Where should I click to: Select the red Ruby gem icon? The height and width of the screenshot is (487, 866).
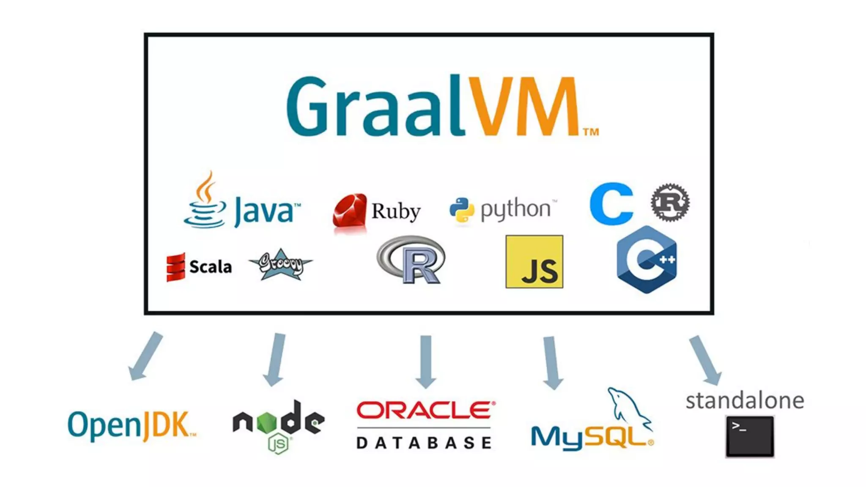click(x=349, y=211)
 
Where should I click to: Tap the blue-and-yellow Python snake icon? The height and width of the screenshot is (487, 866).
click(x=461, y=210)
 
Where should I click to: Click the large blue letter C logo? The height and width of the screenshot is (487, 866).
click(x=611, y=204)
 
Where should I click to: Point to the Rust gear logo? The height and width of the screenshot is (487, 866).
click(x=670, y=202)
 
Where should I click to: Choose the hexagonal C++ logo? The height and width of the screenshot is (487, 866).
click(x=647, y=260)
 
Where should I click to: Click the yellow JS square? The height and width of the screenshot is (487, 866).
click(x=534, y=262)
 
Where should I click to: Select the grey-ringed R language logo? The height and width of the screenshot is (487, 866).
click(x=411, y=260)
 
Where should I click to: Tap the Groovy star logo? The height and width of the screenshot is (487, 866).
click(x=280, y=265)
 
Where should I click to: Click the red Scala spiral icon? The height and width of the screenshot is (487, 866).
click(x=175, y=267)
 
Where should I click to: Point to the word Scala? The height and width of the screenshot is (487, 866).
click(x=211, y=267)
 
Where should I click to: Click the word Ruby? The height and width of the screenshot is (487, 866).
click(x=396, y=211)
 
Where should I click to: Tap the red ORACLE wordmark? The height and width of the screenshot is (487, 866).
click(x=425, y=410)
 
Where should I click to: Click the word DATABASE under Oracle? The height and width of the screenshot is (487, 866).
click(x=424, y=443)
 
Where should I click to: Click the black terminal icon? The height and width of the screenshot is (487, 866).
click(x=750, y=436)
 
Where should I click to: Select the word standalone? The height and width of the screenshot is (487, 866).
click(x=745, y=401)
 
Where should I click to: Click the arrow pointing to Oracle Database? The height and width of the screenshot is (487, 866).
click(x=426, y=361)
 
